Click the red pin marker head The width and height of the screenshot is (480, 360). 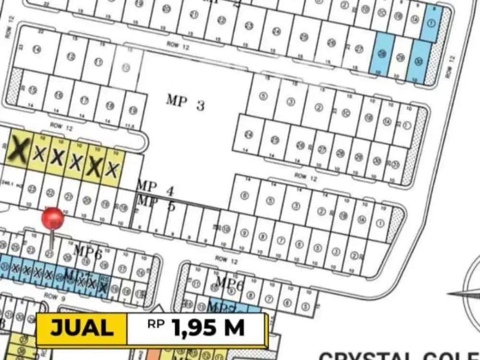pos(52,219)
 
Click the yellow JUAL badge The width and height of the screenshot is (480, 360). pos(82,328)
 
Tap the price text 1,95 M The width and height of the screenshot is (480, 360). pos(208,328)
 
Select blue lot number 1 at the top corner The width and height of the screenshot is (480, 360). pos(432,23)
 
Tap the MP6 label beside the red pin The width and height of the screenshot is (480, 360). pos(87,251)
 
